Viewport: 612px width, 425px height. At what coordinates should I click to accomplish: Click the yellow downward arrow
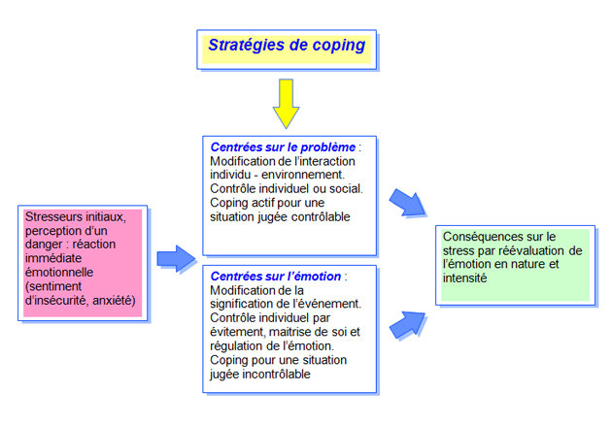[x=287, y=103]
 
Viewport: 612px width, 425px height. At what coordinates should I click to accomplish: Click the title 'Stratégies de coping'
[x=287, y=46]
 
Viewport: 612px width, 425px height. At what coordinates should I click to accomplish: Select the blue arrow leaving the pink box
[x=176, y=258]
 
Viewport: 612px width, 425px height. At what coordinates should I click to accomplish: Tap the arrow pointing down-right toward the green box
[x=407, y=202]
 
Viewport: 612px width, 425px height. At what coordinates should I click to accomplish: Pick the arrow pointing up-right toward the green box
[x=407, y=325]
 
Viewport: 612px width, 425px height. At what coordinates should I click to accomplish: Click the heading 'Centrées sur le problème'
[x=283, y=147]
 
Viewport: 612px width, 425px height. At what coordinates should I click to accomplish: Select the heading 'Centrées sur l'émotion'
[x=276, y=277]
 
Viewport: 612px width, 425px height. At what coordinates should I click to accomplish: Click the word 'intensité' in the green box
[x=465, y=278]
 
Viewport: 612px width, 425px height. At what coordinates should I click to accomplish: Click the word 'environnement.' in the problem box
[x=303, y=175]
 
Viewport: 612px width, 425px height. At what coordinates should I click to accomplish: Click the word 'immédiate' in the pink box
[x=53, y=258]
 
